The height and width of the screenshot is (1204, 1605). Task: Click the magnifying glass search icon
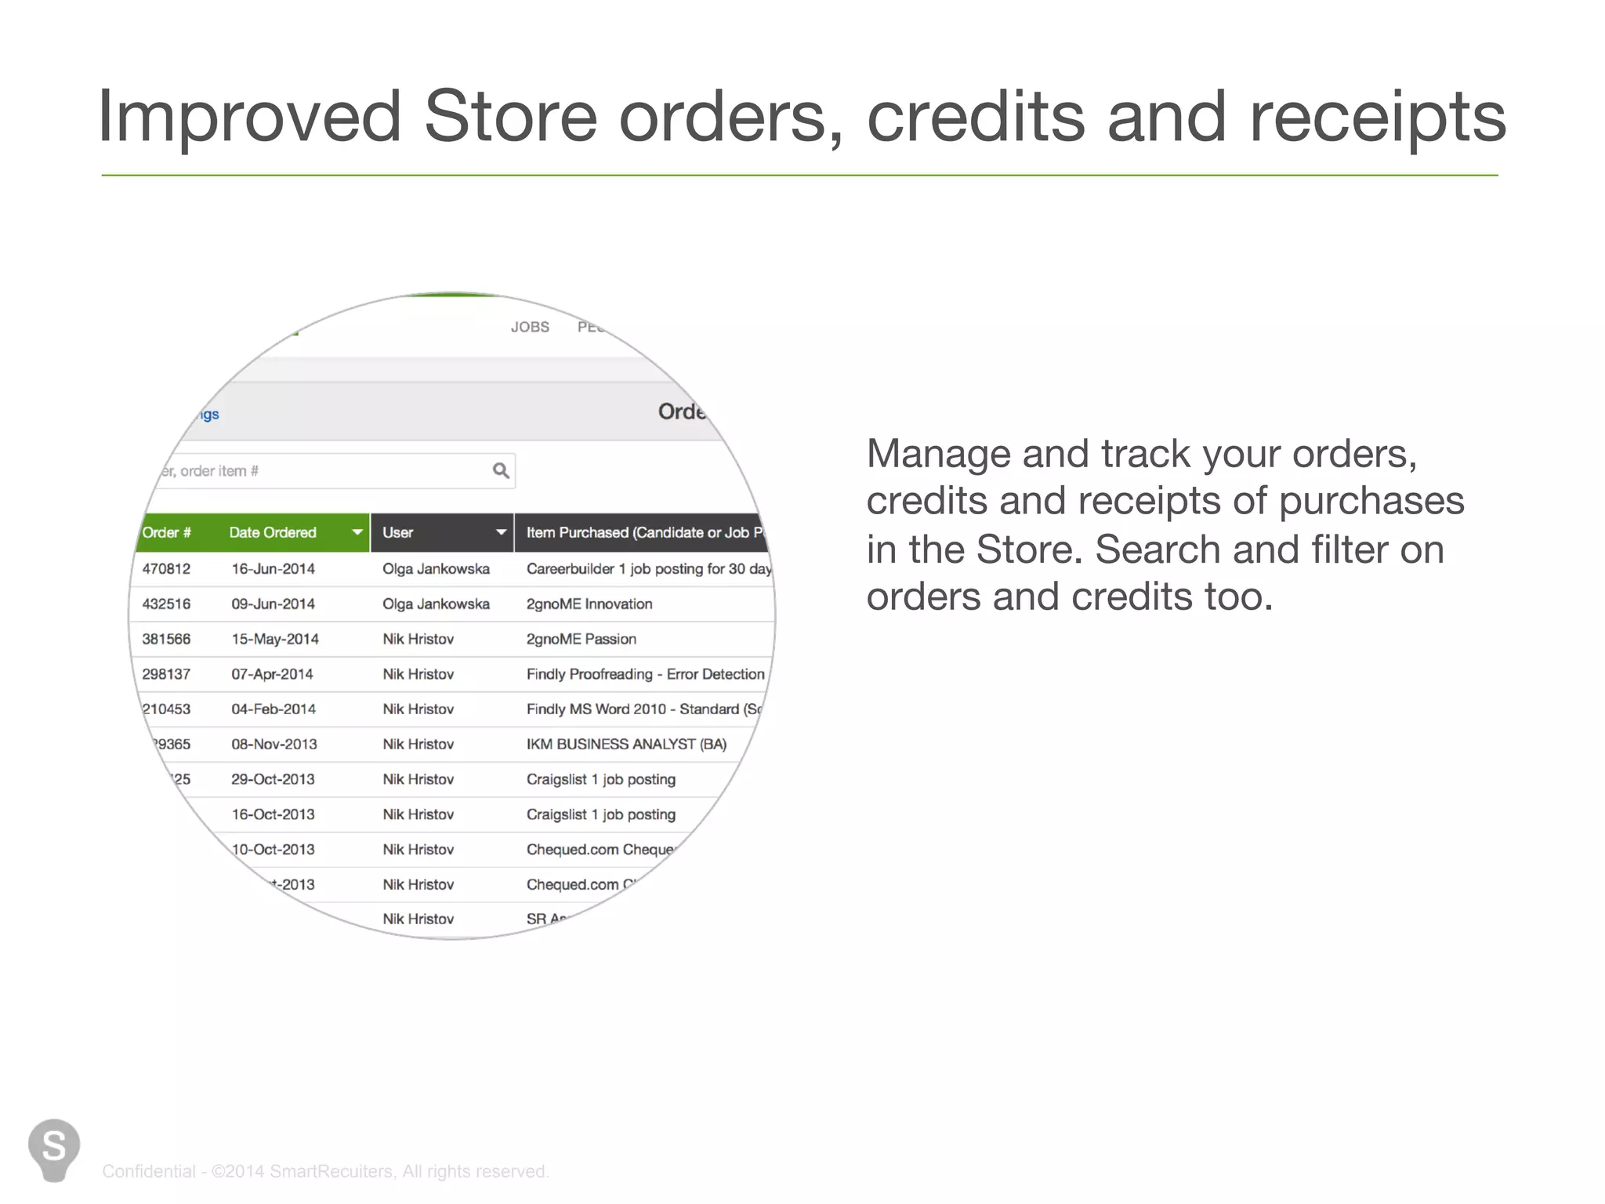click(501, 470)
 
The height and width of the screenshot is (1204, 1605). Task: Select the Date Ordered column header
click(273, 533)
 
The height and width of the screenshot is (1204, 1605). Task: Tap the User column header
click(398, 533)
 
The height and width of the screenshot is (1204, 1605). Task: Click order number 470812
click(166, 569)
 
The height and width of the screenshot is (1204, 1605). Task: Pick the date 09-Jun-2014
click(273, 604)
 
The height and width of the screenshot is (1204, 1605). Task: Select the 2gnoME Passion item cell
click(581, 640)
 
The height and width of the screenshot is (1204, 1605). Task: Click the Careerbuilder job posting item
click(648, 569)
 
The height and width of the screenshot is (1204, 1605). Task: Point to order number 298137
click(166, 674)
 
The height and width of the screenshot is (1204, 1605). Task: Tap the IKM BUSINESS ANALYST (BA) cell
click(626, 745)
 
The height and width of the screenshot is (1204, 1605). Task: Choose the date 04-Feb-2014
click(274, 709)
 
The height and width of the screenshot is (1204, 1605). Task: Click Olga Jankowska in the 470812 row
click(436, 569)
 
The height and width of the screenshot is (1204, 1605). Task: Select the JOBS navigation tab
click(530, 327)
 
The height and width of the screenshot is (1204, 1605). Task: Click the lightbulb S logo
click(54, 1149)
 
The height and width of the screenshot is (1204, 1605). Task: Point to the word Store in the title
click(510, 117)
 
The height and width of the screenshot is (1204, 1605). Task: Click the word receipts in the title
click(1377, 117)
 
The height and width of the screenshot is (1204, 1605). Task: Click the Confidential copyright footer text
click(325, 1171)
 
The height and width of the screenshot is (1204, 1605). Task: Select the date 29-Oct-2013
click(273, 780)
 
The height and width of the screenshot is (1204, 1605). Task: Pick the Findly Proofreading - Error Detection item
click(645, 674)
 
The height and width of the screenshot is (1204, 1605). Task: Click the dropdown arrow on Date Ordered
click(357, 533)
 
